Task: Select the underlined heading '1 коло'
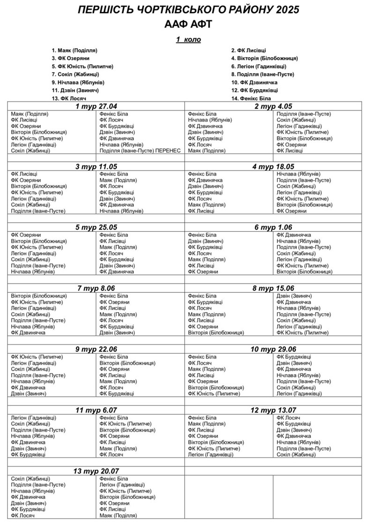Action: pyautogui.click(x=188, y=39)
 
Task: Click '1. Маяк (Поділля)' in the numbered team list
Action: pyautogui.click(x=75, y=50)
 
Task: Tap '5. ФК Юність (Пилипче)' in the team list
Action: pyautogui.click(x=82, y=66)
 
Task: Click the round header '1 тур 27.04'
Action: pyautogui.click(x=96, y=107)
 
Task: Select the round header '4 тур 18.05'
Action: pyautogui.click(x=273, y=167)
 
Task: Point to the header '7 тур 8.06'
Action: pyautogui.click(x=96, y=288)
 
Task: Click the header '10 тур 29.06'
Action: pyautogui.click(x=273, y=349)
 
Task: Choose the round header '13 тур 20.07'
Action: pyautogui.click(x=96, y=471)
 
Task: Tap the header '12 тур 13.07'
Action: pyautogui.click(x=273, y=410)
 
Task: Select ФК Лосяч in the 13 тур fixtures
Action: pyautogui.click(x=23, y=515)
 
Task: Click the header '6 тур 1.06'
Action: pyautogui.click(x=273, y=228)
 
